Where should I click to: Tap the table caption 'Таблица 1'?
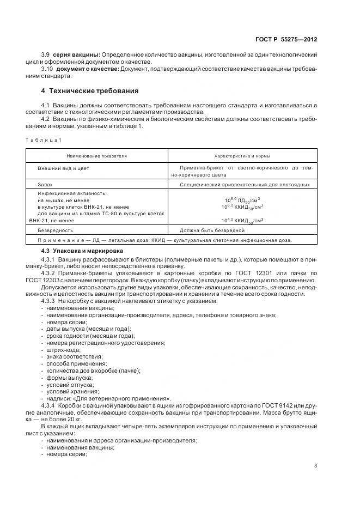click(x=45, y=141)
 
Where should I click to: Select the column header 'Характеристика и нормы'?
click(x=243, y=156)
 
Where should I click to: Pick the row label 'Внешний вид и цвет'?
click(x=63, y=168)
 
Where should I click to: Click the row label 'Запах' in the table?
click(x=46, y=185)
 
